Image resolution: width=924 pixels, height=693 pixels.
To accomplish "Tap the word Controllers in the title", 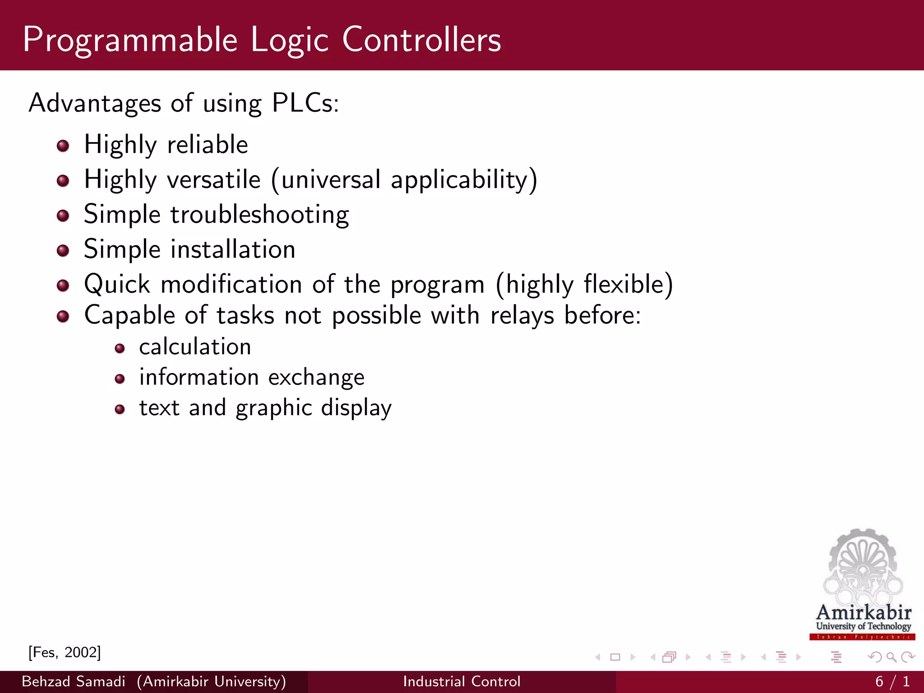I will (421, 40).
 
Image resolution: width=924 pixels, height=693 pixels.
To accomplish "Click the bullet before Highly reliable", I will (63, 146).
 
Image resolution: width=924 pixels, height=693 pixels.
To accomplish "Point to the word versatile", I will (214, 180).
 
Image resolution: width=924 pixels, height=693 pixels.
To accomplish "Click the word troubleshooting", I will (260, 215).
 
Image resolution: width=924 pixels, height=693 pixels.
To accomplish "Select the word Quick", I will (117, 284).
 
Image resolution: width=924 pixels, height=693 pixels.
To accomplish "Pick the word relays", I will (522, 315).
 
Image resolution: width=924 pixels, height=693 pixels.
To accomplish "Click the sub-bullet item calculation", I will (195, 346).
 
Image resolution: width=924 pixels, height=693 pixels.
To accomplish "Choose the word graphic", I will (273, 408).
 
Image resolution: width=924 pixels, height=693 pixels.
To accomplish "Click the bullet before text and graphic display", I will (120, 409).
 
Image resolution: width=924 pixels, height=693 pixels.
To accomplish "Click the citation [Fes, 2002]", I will (65, 652).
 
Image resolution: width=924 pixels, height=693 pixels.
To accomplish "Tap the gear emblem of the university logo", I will (862, 564).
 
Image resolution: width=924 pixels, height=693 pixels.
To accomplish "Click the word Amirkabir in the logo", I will (864, 613).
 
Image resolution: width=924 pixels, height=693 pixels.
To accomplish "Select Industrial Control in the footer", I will (462, 681).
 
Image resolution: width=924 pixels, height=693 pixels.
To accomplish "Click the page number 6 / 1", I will (892, 681).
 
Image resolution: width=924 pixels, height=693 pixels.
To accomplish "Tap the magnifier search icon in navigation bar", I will (891, 657).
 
